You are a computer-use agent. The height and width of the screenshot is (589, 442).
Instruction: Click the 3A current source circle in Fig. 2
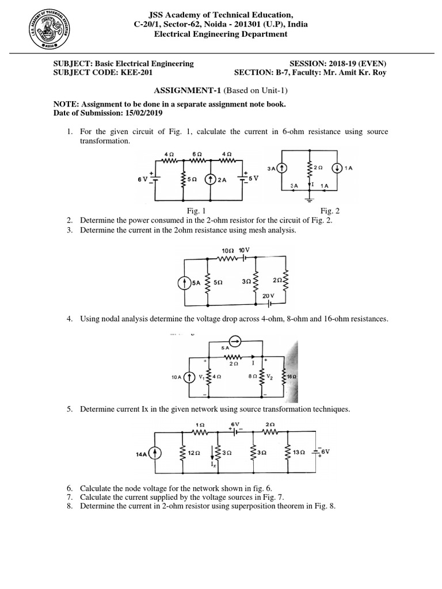click(x=281, y=168)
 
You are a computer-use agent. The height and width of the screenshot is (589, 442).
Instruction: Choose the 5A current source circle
click(x=184, y=283)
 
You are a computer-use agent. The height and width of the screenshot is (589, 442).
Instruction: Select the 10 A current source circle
click(x=188, y=377)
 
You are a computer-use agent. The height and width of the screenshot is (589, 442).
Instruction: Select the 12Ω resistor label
click(x=193, y=453)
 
